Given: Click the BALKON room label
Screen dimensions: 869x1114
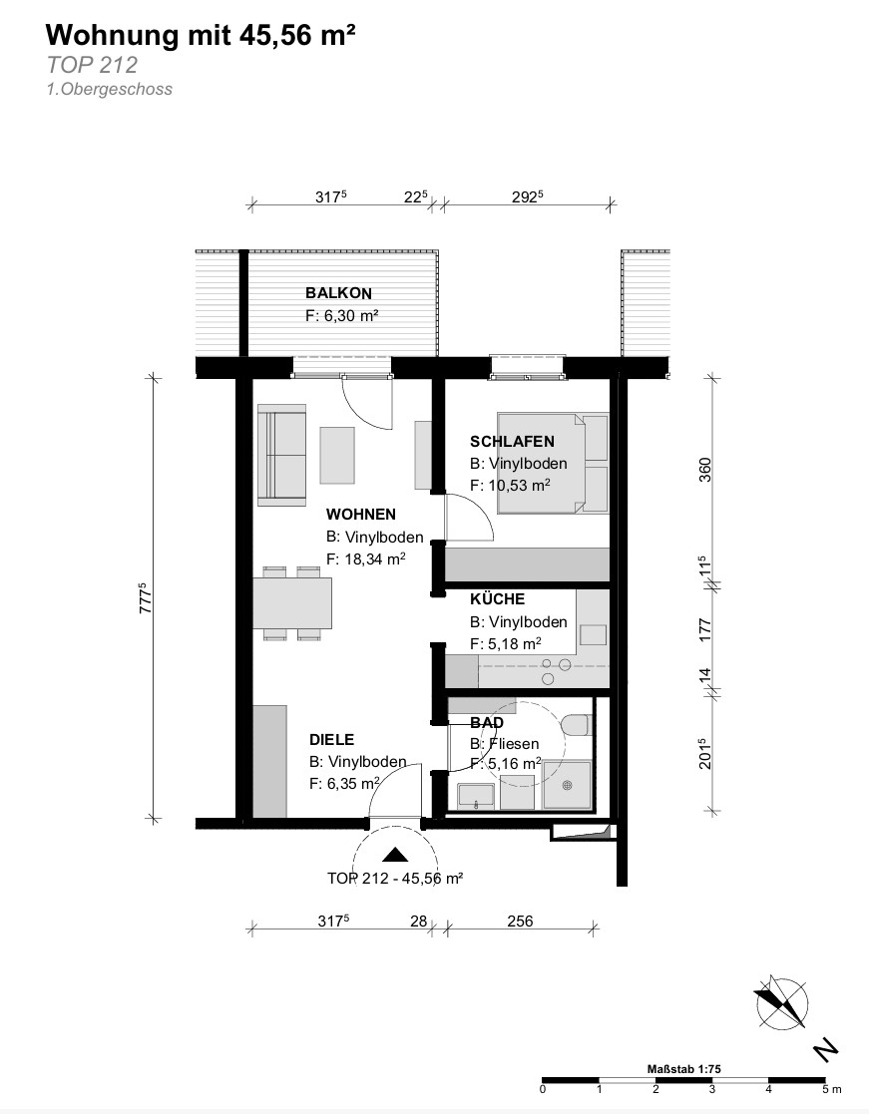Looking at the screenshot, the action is pyautogui.click(x=338, y=292).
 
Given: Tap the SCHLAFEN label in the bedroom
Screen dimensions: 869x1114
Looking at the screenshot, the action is pyautogui.click(x=512, y=441).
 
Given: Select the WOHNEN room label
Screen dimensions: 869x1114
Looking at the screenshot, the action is pyautogui.click(x=361, y=514).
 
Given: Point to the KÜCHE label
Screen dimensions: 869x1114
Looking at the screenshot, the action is pyautogui.click(x=498, y=599).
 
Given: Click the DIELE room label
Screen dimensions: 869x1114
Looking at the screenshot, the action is pyautogui.click(x=332, y=740).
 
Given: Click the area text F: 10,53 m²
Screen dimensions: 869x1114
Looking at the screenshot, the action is pyautogui.click(x=510, y=486).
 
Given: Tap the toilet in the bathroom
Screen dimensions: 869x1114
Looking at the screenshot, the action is pyautogui.click(x=575, y=725).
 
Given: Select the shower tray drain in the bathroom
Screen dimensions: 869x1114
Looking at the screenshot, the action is pyautogui.click(x=567, y=785).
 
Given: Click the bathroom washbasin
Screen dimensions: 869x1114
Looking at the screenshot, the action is pyautogui.click(x=477, y=797).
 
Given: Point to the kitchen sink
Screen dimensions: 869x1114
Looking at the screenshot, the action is pyautogui.click(x=594, y=634).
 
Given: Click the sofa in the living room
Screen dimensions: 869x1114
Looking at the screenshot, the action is pyautogui.click(x=282, y=455).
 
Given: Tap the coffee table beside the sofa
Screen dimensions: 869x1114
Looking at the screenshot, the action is pyautogui.click(x=337, y=456).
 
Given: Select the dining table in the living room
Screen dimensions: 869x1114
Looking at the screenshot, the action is pyautogui.click(x=292, y=603).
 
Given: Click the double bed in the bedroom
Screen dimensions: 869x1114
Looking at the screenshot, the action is pyautogui.click(x=553, y=462).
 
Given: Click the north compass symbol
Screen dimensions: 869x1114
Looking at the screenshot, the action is pyautogui.click(x=781, y=1003).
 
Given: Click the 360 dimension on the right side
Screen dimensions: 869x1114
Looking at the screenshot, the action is pyautogui.click(x=704, y=471).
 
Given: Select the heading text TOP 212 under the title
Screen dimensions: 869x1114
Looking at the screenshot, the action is pyautogui.click(x=93, y=65).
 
